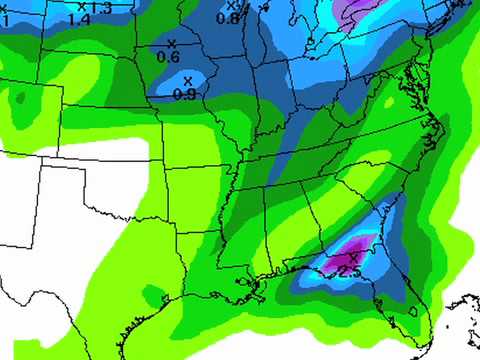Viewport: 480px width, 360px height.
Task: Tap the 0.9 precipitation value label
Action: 184,94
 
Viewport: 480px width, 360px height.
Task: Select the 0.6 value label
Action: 169,56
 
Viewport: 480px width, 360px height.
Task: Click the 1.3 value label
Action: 99,7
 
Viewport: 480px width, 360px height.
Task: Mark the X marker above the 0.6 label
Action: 171,42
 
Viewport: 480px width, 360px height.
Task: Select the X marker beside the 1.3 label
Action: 81,6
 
